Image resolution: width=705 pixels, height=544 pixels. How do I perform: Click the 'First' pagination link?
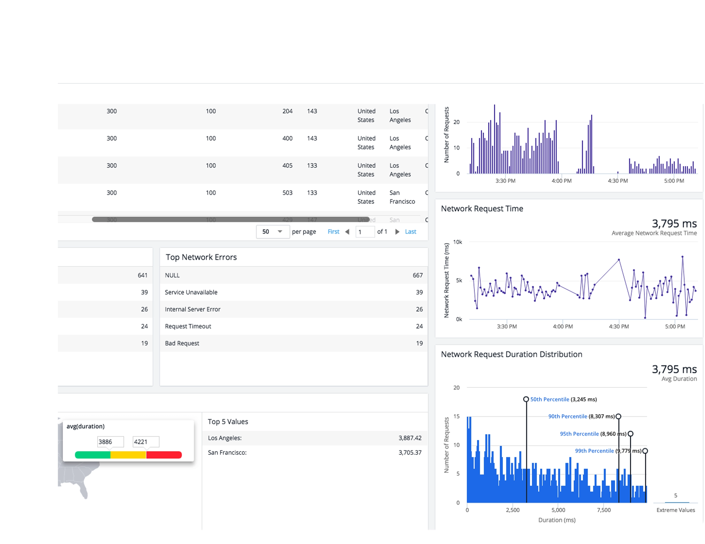point(333,231)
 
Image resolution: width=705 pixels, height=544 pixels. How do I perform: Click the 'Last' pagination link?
point(410,231)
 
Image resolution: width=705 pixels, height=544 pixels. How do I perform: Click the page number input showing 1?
point(365,231)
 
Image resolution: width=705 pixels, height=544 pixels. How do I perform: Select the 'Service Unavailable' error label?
point(191,292)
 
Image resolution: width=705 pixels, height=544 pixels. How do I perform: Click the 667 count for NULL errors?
point(417,275)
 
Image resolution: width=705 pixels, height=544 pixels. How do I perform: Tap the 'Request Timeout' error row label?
point(188,326)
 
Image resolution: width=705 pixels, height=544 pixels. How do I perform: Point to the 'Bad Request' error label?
point(182,343)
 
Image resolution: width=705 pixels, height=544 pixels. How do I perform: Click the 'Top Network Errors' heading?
point(201,257)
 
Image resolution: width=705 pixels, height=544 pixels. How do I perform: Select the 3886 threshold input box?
point(110,442)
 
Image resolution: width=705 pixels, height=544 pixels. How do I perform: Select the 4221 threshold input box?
point(145,442)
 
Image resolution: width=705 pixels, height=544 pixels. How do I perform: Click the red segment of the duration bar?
point(164,455)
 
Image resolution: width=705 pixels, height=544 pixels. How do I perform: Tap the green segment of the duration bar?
point(93,455)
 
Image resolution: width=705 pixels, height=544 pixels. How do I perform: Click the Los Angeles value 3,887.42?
point(410,438)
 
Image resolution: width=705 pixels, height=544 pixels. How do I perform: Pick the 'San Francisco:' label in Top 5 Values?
point(227,452)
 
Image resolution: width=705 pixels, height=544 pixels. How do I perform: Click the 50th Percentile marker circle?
point(526,399)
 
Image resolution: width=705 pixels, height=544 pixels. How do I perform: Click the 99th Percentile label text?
point(594,451)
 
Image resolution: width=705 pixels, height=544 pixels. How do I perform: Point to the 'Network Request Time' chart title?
point(482,208)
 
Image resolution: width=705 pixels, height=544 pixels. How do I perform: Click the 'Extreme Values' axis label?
point(675,510)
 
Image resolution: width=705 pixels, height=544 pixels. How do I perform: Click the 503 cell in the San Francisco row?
point(287,193)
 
